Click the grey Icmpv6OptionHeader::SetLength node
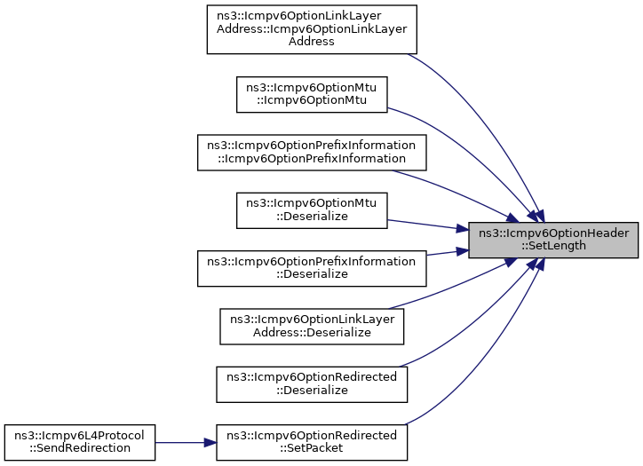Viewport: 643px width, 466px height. coord(553,240)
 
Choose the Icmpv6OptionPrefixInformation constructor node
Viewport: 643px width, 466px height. coord(312,152)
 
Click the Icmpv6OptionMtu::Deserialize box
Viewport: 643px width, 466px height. coord(312,210)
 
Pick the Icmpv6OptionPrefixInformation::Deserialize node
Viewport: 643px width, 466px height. coord(312,268)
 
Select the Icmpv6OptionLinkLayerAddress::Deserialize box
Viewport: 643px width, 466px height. coord(312,326)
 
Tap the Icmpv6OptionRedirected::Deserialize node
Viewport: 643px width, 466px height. coord(312,383)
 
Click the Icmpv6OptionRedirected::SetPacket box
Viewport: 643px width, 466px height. coord(312,441)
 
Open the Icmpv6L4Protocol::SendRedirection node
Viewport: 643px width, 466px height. coord(81,441)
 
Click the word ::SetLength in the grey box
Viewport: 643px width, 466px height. coord(553,246)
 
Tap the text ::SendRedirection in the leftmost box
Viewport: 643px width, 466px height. coord(81,447)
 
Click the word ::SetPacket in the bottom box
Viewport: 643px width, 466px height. coord(312,447)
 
